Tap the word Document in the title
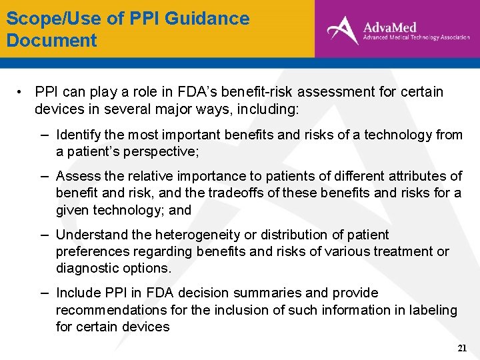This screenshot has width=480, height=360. coord(52,41)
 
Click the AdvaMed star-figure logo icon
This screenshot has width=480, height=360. coord(343,30)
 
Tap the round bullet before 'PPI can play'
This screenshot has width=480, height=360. coord(22,92)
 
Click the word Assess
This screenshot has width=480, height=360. coord(77,176)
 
